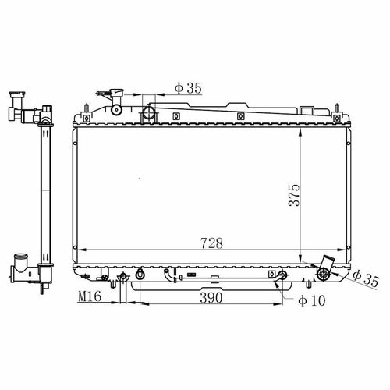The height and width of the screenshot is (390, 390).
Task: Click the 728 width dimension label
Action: [211, 243]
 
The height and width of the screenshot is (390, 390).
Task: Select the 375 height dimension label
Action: [294, 195]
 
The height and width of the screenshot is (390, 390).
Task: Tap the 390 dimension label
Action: [211, 298]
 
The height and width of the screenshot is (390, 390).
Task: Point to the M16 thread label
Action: [90, 296]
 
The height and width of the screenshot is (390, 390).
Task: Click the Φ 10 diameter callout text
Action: [312, 301]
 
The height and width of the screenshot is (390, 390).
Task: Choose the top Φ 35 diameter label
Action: [188, 88]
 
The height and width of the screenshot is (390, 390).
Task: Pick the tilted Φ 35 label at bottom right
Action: [366, 278]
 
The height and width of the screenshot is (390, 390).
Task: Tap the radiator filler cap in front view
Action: [116, 92]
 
